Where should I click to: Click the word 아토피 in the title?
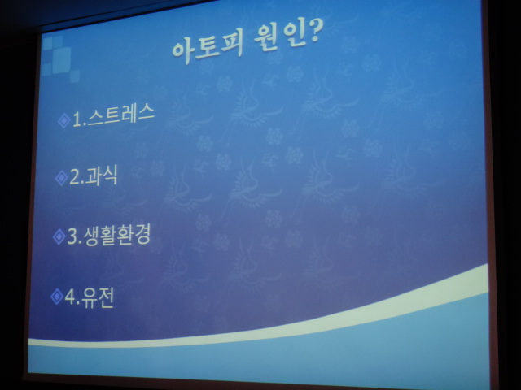pos(208,49)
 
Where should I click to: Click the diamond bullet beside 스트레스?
pos(63,120)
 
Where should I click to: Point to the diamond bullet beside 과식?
pos(62,178)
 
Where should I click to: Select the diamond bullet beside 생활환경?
pos(59,236)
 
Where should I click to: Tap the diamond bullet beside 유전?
pos(57,296)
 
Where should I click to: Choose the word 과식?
pos(101,175)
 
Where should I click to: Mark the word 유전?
pos(98,297)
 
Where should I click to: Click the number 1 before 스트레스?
pos(77,119)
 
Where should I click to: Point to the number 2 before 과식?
pos(74,177)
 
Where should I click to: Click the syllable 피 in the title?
pos(233,44)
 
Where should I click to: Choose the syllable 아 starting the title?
pos(182,52)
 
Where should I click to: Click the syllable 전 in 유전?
pos(107,297)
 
